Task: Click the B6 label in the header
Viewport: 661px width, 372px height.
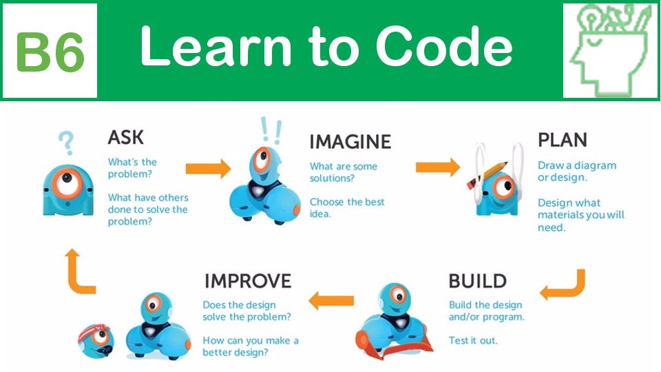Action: [x=50, y=52]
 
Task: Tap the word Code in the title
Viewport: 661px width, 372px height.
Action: [x=444, y=45]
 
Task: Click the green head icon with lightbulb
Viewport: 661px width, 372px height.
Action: [x=611, y=50]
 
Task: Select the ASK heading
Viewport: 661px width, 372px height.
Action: [x=125, y=138]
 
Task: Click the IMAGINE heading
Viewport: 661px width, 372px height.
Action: [x=350, y=142]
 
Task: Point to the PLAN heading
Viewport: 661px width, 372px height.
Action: [x=563, y=140]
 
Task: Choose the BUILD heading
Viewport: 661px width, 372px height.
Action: [x=478, y=281]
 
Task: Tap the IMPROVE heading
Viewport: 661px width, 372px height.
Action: [x=248, y=281]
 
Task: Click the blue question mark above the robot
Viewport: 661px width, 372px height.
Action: [x=66, y=143]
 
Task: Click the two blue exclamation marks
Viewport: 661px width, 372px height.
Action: [x=271, y=130]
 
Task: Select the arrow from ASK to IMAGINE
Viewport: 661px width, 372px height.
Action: [x=208, y=169]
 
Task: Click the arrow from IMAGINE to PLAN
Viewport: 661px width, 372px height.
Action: [x=438, y=167]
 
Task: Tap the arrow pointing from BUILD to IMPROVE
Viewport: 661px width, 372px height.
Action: [x=331, y=300]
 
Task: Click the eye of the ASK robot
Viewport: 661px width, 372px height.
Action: [x=67, y=183]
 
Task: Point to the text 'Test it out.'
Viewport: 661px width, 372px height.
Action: [x=473, y=340]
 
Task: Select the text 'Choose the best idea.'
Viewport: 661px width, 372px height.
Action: [x=347, y=208]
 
